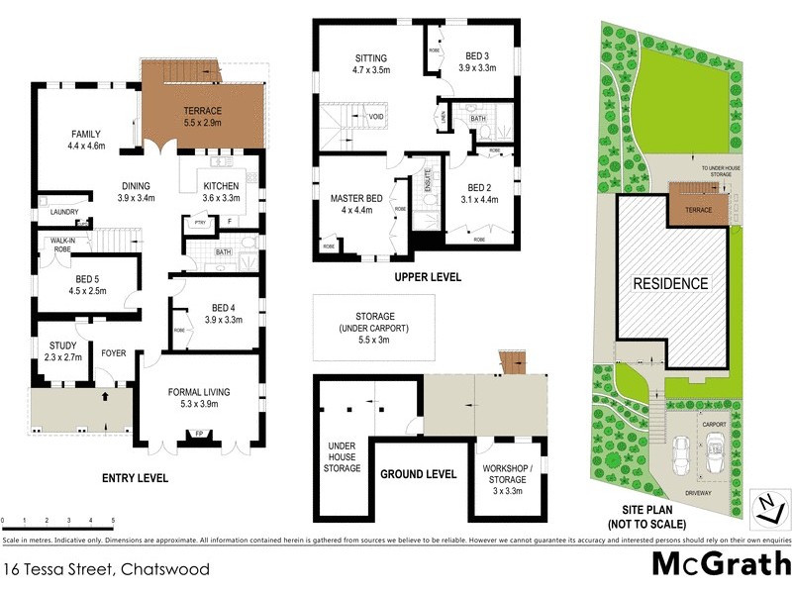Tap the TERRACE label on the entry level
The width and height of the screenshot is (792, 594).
pyautogui.click(x=202, y=110)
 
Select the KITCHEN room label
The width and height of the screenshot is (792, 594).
pyautogui.click(x=221, y=185)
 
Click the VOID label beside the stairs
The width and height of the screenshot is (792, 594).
pyautogui.click(x=376, y=117)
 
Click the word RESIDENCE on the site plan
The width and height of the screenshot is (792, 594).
pyautogui.click(x=670, y=283)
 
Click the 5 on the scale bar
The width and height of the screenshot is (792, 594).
pyautogui.click(x=113, y=520)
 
